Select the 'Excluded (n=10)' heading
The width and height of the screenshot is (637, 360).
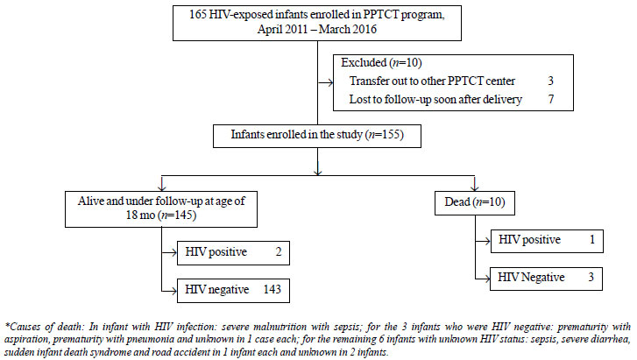pos(381,62)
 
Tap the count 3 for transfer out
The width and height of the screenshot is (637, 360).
pos(550,81)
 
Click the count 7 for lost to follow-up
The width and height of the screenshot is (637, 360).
pos(551,99)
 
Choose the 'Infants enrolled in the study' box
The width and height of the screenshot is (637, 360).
pos(317,136)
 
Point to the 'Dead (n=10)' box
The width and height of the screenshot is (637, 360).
pos(475,203)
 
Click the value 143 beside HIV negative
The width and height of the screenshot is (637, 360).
pos(272,289)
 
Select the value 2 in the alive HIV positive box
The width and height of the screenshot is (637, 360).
pos(279,252)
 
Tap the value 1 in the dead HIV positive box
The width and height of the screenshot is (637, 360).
pos(592,240)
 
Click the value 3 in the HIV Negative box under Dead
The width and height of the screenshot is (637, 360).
pos(591,277)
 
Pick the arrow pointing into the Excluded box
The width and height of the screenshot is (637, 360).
pos(325,83)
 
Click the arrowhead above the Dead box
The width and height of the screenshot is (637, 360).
pos(475,187)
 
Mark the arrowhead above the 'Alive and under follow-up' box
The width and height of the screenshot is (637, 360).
pos(162,187)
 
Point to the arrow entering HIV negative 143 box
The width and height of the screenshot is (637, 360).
pos(169,291)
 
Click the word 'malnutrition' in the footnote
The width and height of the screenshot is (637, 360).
pos(280,327)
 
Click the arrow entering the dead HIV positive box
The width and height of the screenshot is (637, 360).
pos(483,242)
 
